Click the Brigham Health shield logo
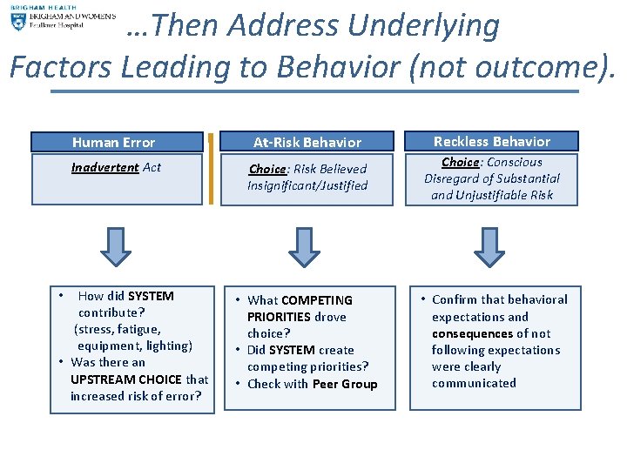click(x=19, y=21)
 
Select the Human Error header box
click(x=117, y=142)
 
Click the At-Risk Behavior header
click(x=307, y=142)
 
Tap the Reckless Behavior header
click(x=492, y=141)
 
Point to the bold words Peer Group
click(x=345, y=384)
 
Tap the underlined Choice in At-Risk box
click(x=266, y=169)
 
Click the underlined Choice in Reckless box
click(x=460, y=162)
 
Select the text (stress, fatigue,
click(x=118, y=329)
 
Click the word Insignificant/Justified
click(x=307, y=185)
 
